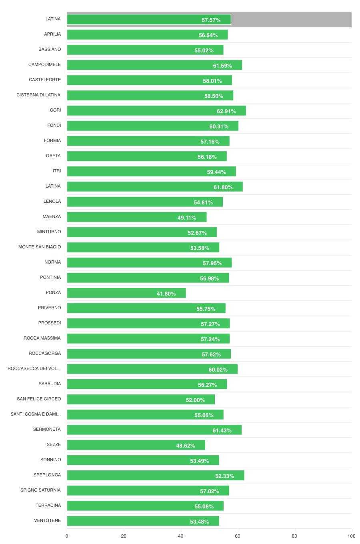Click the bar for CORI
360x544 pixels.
pos(156,111)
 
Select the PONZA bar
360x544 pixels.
pos(126,293)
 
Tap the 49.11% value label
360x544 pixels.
pos(187,218)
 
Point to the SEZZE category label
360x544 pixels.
pos(54,444)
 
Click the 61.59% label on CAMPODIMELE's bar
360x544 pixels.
pos(222,66)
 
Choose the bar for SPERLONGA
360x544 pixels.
pos(156,475)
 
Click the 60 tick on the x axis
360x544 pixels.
pos(238,536)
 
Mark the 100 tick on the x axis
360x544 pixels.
pos(351,536)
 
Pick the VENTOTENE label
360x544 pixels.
pos(48,520)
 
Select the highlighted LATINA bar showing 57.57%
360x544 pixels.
pos(149,20)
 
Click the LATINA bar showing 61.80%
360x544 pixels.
pos(155,187)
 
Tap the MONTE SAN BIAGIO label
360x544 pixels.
pos(40,247)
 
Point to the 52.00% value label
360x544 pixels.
pos(195,400)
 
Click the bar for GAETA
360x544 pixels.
pos(147,156)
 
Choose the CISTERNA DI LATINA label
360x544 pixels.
pos(38,95)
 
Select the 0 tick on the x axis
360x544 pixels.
pos(67,536)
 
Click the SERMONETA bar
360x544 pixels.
pos(154,430)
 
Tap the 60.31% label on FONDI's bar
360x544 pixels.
pos(219,126)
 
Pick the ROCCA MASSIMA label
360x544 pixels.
pos(42,338)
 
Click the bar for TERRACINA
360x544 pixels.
pos(145,506)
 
